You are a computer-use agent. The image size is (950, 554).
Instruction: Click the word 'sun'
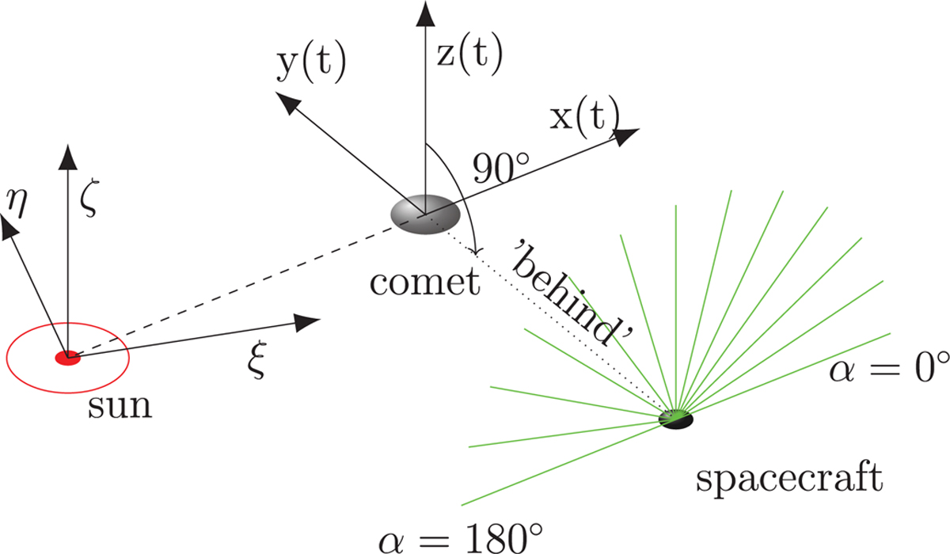[x=120, y=407]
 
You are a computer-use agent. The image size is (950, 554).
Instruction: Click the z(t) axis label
[x=469, y=55]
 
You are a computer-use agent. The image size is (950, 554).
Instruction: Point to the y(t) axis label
[x=312, y=63]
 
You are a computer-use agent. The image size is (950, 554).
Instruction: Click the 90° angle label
[x=501, y=168]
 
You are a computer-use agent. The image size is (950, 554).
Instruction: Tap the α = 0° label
[x=889, y=367]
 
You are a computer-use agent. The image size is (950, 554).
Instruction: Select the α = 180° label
[x=461, y=538]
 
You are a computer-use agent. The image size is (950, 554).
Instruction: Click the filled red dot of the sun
[x=68, y=358]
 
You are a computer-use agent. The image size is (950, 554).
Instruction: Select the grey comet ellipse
[x=425, y=214]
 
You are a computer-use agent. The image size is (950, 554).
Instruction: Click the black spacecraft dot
[x=676, y=419]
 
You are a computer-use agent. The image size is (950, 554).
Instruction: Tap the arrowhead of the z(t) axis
[x=425, y=13]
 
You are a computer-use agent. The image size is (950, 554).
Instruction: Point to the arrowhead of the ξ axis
[x=307, y=323]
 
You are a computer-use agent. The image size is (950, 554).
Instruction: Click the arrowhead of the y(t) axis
[x=288, y=103]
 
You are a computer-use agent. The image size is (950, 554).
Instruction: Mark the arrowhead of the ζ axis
[x=68, y=157]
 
